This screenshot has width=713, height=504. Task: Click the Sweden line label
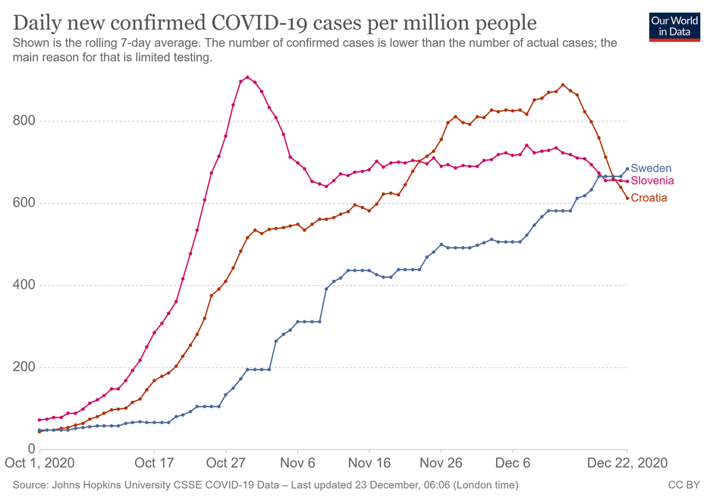click(651, 169)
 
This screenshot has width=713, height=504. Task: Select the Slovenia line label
click(652, 181)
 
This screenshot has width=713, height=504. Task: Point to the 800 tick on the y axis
click(24, 121)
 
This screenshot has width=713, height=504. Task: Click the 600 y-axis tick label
click(24, 203)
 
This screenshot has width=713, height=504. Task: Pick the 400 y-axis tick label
click(24, 285)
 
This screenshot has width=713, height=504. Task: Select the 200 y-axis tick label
click(24, 367)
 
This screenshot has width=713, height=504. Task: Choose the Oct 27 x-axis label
click(227, 462)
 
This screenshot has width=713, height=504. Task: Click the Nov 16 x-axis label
click(370, 462)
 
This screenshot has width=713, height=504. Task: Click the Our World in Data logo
click(674, 27)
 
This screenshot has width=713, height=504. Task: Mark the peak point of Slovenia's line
click(247, 77)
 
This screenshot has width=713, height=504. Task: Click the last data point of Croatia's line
click(627, 198)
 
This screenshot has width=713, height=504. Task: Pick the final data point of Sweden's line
click(627, 169)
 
